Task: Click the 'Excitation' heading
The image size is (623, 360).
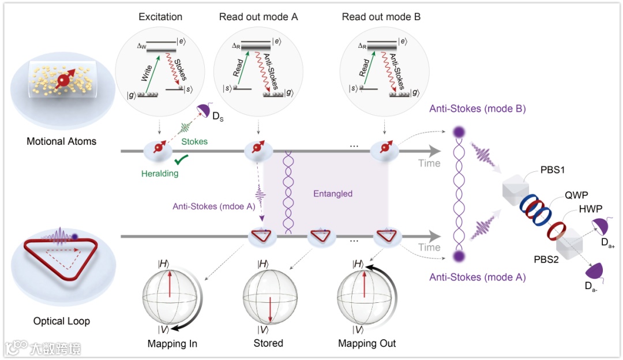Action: point(160,17)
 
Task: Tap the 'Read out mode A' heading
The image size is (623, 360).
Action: point(258,17)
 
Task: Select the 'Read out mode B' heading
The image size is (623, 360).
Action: point(381,17)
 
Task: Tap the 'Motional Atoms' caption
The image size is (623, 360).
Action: point(62,141)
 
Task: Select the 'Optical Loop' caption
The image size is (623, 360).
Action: point(61,321)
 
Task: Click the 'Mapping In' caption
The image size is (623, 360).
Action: point(172,344)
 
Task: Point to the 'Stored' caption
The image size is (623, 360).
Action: point(269,344)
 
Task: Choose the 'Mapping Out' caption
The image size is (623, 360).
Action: point(367,344)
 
